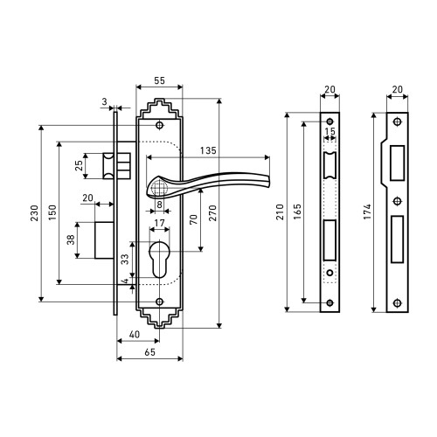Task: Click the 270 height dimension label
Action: (213, 213)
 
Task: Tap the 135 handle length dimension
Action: (208, 150)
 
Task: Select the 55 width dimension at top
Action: (159, 80)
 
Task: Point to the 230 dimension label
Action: (35, 213)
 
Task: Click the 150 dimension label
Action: (52, 212)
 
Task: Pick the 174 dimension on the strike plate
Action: (367, 212)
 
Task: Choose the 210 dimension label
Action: (280, 212)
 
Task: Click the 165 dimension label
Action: (297, 212)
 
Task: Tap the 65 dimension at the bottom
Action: (149, 352)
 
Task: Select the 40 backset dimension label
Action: (135, 335)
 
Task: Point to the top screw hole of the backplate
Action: (159, 125)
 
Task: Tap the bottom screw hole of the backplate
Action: (159, 302)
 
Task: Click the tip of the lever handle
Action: (268, 181)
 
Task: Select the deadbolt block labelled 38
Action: (104, 240)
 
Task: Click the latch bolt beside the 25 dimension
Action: (108, 166)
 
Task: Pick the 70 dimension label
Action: (193, 219)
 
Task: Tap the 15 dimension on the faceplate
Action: (329, 131)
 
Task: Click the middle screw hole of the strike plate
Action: (397, 201)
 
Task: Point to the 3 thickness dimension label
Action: (104, 101)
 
